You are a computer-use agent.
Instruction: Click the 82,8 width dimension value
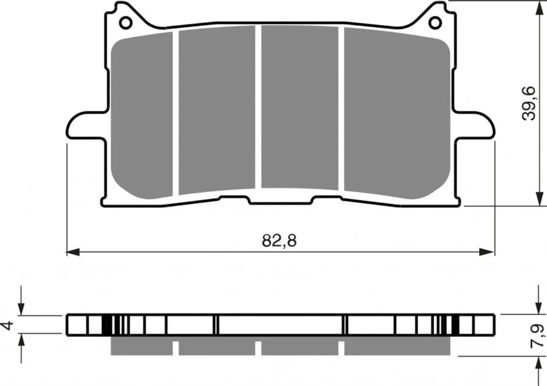[279, 241]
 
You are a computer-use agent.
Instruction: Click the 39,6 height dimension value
[529, 103]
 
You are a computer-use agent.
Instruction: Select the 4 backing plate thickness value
[8, 325]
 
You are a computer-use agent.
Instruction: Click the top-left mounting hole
[126, 23]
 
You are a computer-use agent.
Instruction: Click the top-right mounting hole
[435, 23]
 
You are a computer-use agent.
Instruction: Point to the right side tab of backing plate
[474, 126]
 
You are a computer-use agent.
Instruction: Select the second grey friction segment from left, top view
[217, 110]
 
